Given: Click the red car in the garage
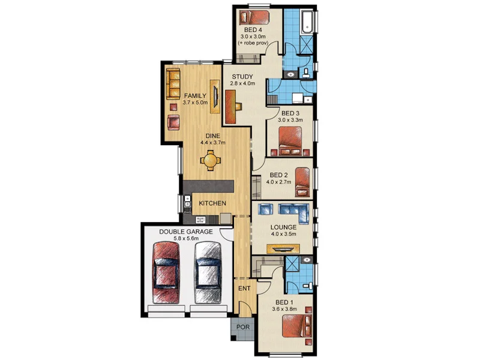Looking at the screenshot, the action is (166, 272).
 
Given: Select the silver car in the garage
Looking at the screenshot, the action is (208, 272).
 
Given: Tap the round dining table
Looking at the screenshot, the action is (211, 160).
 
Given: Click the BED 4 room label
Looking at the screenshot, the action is (253, 30).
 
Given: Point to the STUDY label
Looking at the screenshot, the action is (242, 77).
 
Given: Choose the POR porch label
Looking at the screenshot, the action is (243, 327).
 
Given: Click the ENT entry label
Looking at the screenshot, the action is (244, 289).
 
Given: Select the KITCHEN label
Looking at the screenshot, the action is (212, 203).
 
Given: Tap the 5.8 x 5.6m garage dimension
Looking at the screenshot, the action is (186, 238).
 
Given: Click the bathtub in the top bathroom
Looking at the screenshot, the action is (307, 22).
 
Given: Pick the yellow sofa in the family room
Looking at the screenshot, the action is (173, 84).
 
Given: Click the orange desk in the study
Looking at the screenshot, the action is (231, 107).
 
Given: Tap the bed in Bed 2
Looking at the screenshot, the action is (302, 182).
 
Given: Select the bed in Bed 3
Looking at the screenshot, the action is (290, 141).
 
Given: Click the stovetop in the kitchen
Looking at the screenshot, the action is (201, 220).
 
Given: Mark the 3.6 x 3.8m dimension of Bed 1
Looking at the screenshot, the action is (284, 309).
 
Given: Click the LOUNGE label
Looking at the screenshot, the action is (283, 227).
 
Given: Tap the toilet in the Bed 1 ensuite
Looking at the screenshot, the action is (307, 286).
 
